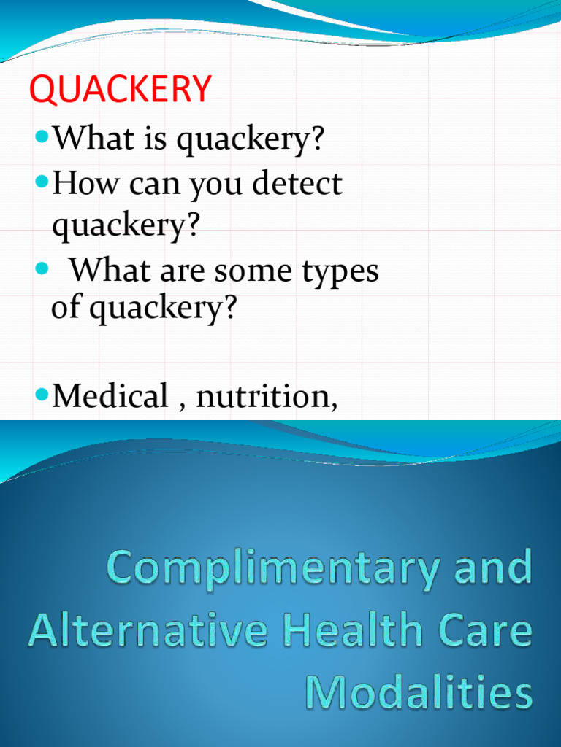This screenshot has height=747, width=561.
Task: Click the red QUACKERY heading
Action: point(121,90)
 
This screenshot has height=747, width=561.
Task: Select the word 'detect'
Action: point(297,183)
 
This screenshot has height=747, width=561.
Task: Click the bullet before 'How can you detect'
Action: point(42,181)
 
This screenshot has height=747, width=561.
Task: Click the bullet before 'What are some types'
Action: point(42,269)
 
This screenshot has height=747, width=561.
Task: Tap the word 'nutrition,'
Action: point(267,398)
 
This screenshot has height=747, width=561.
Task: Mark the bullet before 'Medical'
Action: point(42,395)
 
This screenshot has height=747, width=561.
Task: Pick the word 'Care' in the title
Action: point(485,631)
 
